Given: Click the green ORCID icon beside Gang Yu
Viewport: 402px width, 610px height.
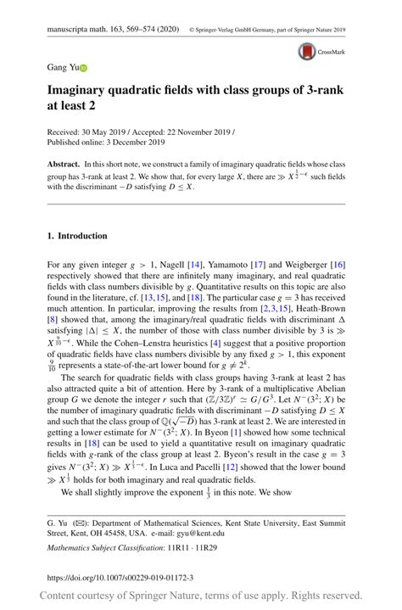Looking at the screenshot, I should (x=84, y=67).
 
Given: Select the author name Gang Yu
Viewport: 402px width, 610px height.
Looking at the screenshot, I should (x=62, y=67).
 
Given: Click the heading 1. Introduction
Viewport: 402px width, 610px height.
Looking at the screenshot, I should (x=77, y=236).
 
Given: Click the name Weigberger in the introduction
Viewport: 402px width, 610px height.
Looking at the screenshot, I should (x=310, y=265).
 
